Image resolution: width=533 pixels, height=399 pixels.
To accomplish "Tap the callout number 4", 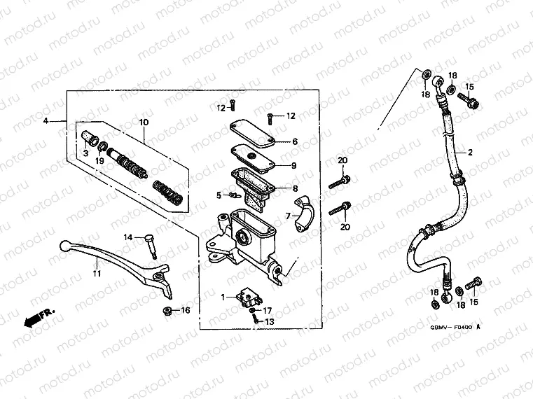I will coord(46,122).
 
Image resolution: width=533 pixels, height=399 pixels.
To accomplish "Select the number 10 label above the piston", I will coord(144,123).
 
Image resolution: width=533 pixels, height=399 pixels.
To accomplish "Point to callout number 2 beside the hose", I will coord(470,152).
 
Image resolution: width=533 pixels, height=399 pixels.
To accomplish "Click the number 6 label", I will coord(295,141).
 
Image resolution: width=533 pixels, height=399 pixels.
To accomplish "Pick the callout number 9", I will coord(295,166).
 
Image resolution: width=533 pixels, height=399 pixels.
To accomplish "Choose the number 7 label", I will coord(287,215).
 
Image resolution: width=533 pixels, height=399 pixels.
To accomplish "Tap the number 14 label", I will coord(128,238).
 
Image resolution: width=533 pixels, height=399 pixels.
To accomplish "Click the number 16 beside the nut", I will coord(186,310).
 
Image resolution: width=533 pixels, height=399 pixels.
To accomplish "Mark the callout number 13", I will coord(270,321).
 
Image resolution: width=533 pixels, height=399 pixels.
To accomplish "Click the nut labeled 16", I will coord(167,310).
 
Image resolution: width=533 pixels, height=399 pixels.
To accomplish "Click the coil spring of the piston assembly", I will coord(168,192).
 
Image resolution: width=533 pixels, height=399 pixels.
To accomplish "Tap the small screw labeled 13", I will coord(256,321).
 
